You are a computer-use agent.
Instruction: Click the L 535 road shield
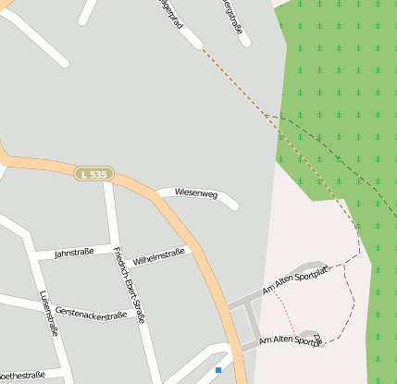(x=94, y=174)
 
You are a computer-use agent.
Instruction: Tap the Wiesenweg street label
(x=195, y=194)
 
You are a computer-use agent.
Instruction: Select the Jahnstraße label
(x=74, y=252)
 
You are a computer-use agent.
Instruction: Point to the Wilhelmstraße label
(x=159, y=255)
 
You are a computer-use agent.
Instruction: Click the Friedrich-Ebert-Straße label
(x=129, y=284)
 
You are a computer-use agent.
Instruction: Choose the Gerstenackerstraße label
(x=91, y=315)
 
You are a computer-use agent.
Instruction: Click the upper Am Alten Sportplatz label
(x=295, y=279)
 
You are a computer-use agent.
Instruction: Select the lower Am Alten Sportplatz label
(x=291, y=341)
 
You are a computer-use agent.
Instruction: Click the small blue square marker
(x=218, y=370)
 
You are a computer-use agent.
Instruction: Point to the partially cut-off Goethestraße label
(x=22, y=376)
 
